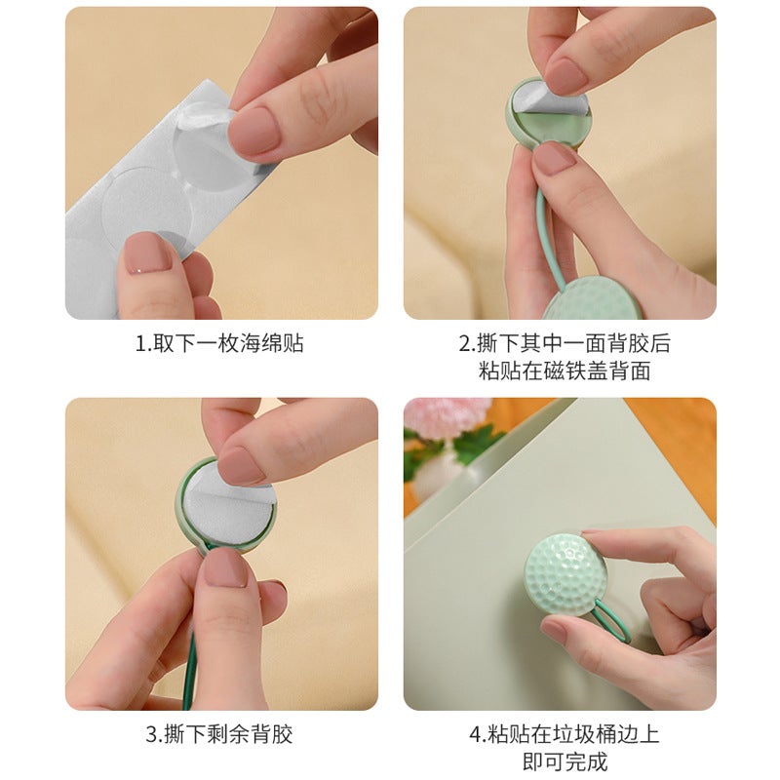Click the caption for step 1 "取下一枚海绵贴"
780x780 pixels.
[x=219, y=344]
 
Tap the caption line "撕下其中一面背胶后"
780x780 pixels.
[x=565, y=344]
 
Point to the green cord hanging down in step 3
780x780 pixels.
[x=190, y=653]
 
